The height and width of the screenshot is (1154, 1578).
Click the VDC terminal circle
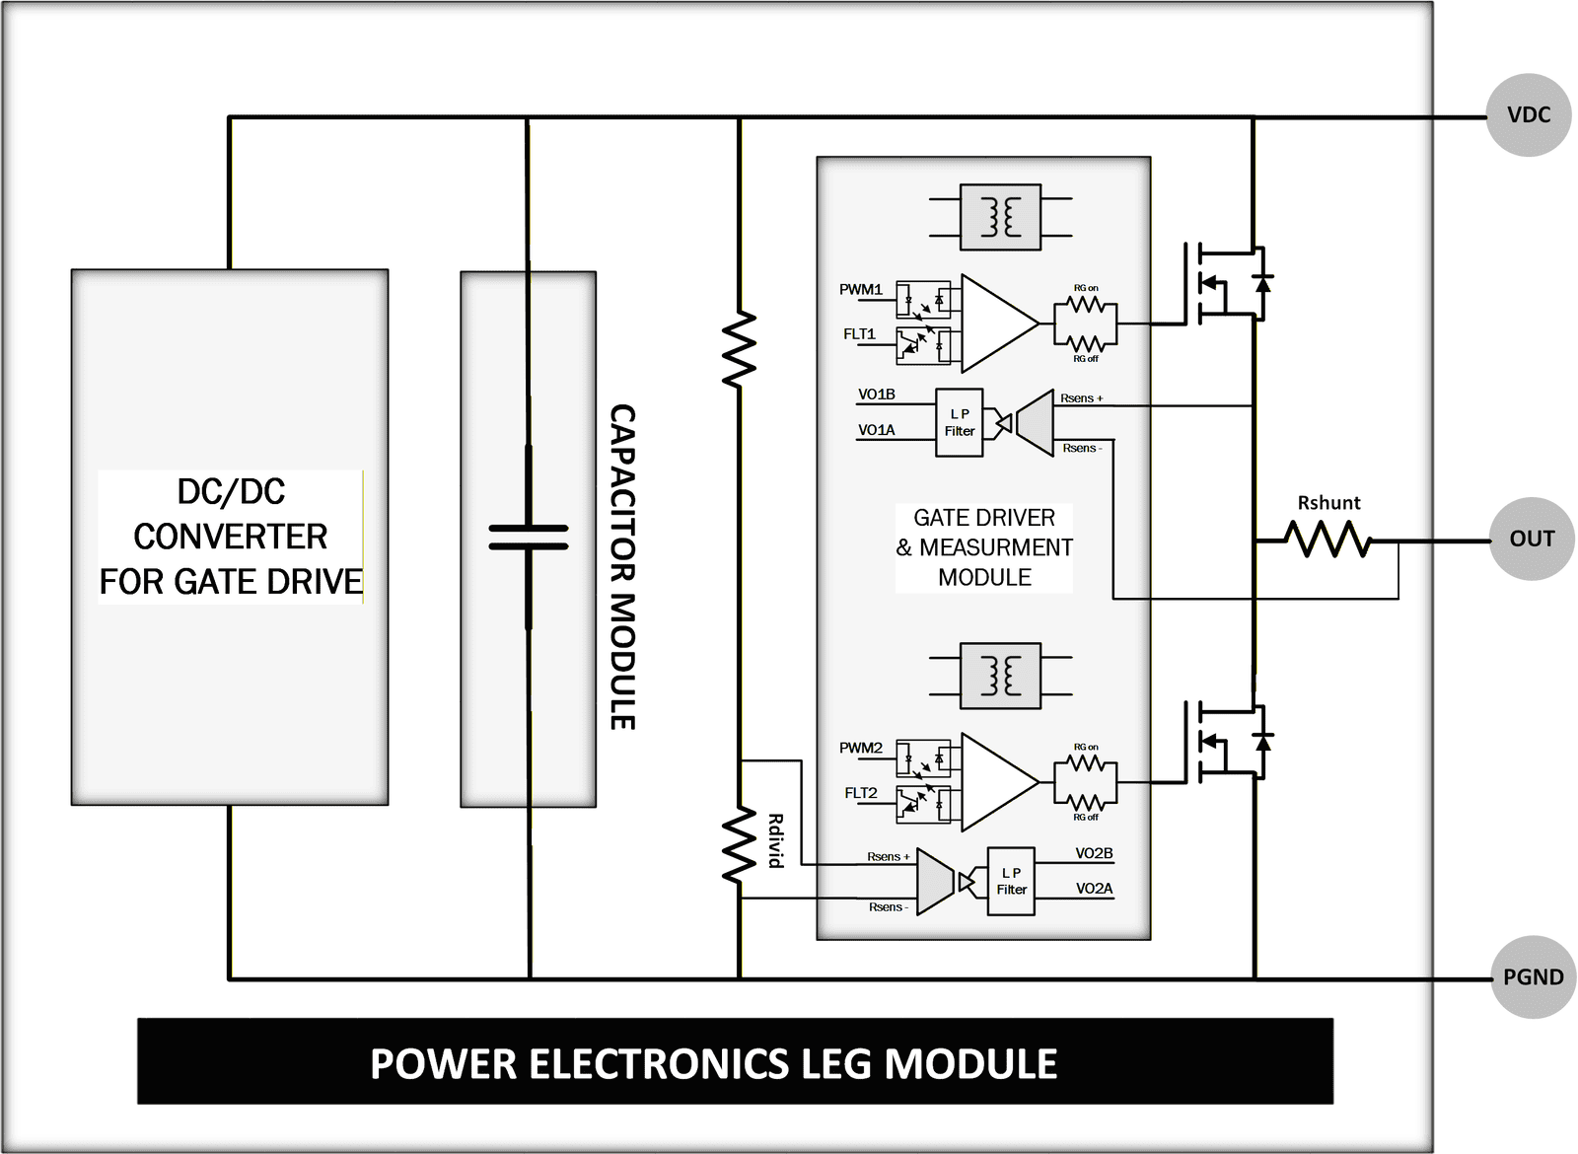pos(1528,115)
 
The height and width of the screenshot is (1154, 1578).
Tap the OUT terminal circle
pos(1531,539)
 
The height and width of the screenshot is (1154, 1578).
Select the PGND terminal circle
pos(1533,977)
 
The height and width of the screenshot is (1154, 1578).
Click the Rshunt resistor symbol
pos(1327,540)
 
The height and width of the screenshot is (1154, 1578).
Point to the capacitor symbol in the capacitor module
pos(529,538)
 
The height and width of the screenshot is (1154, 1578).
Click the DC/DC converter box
pos(230,538)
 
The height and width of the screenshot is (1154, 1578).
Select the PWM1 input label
pos(860,289)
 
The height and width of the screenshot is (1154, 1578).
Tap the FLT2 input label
pos(860,793)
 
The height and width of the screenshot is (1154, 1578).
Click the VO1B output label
pos(876,395)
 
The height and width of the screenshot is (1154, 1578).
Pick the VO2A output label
pos(1094,889)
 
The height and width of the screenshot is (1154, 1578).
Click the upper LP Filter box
pos(959,422)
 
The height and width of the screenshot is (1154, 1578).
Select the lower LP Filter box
pos(1011,881)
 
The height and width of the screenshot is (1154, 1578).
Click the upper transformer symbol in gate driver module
pos(1000,217)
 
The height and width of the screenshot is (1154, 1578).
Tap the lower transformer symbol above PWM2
pos(1000,676)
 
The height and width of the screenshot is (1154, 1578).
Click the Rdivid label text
pos(776,840)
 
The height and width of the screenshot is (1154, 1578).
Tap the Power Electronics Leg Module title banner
pos(735,1062)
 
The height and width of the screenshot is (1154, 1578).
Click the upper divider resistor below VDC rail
pos(739,349)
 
